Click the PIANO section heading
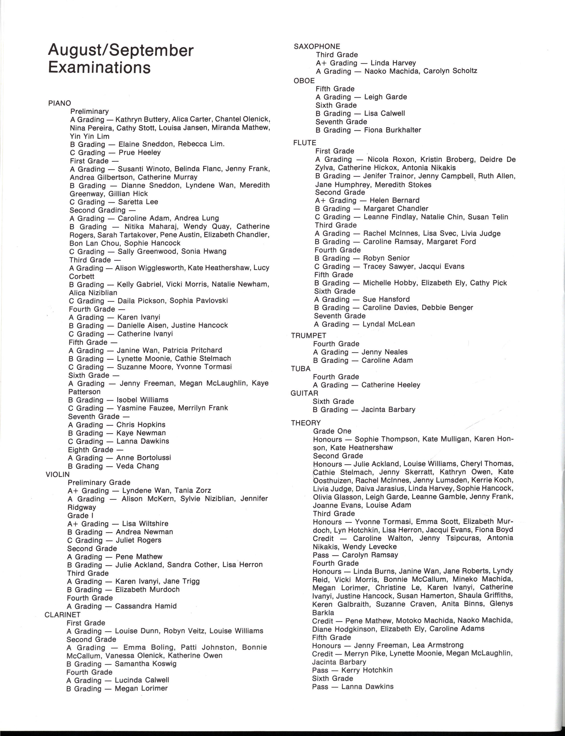click(x=60, y=103)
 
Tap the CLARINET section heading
click(x=62, y=615)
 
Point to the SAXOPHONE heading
click(x=317, y=47)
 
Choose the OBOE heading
click(x=304, y=81)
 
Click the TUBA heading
click(x=301, y=368)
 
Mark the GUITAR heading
click(x=304, y=393)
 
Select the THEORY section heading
click(x=306, y=423)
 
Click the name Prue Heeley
click(x=140, y=152)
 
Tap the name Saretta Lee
click(x=138, y=202)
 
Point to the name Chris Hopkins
click(x=141, y=425)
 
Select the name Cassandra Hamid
click(x=146, y=606)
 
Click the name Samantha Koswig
click(x=145, y=664)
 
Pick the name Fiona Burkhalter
click(x=392, y=130)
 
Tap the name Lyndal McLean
click(x=388, y=324)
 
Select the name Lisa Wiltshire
click(x=145, y=524)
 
